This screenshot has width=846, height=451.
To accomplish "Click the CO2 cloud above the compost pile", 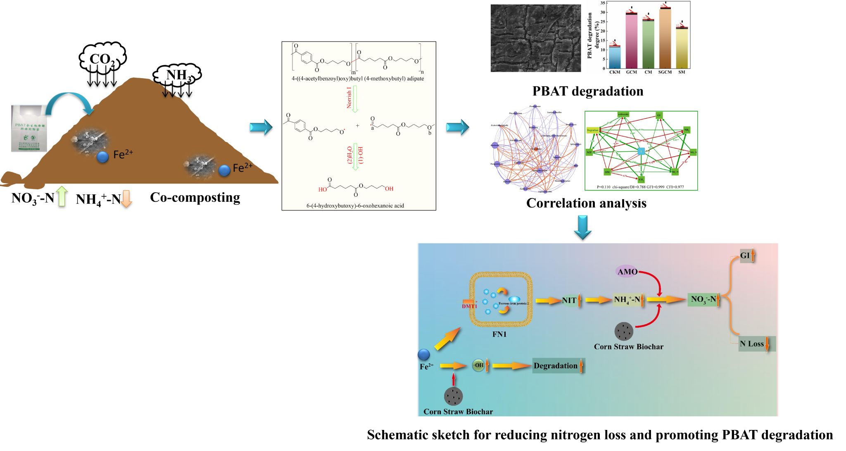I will [102, 58].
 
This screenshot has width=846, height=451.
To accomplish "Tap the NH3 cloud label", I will [178, 75].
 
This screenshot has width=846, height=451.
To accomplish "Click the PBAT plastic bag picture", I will [29, 128].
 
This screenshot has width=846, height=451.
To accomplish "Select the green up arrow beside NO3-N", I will [62, 196].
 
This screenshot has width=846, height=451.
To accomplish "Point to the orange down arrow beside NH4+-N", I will [126, 198].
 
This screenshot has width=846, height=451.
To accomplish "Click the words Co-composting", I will [195, 197].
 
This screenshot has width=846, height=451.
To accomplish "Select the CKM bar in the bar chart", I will [615, 57].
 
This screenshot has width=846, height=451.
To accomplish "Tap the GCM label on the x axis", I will [631, 72].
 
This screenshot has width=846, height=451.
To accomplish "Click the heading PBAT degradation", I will [587, 91].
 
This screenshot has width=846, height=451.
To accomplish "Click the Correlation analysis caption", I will [586, 203].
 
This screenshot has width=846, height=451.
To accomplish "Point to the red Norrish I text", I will [349, 97].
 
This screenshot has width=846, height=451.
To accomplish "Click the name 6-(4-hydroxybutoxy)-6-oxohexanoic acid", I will [355, 205].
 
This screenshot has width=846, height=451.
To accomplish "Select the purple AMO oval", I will [627, 272].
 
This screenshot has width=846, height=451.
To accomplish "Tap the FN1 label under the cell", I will [499, 334].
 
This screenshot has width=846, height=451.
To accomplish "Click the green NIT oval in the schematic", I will [569, 301].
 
